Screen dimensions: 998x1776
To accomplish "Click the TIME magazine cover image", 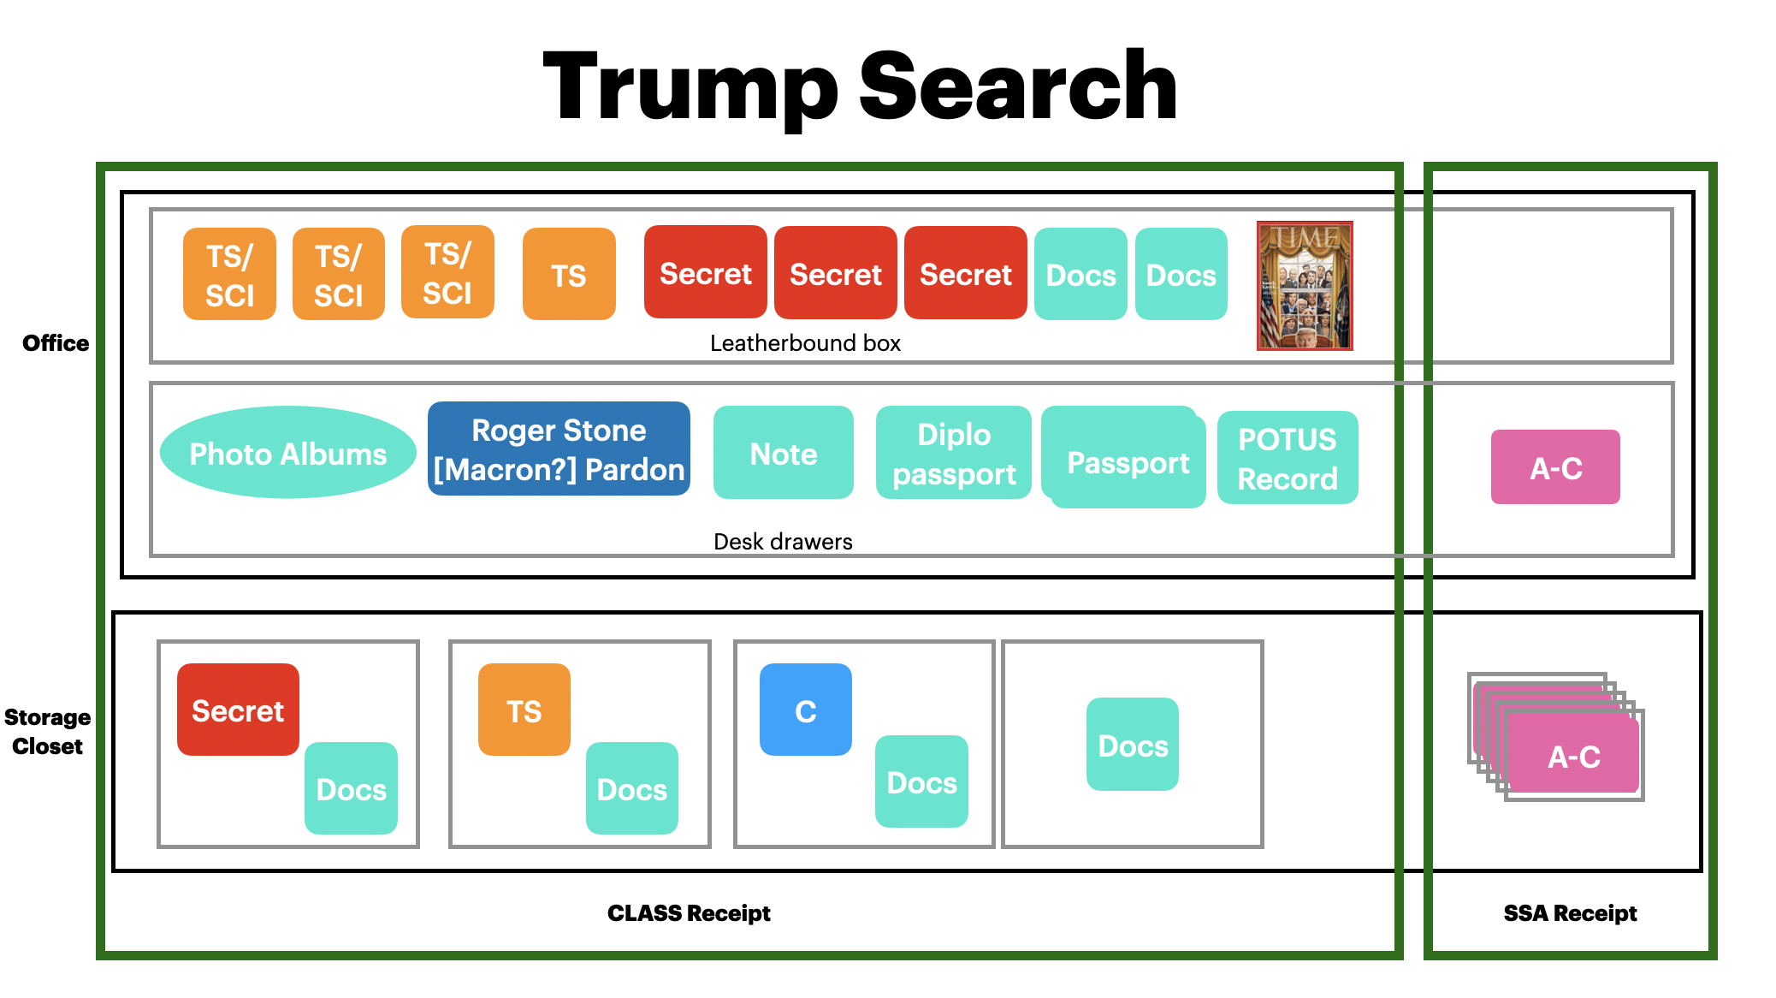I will point(1304,286).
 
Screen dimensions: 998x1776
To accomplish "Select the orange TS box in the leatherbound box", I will point(569,275).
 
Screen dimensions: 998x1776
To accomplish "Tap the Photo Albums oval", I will point(288,453).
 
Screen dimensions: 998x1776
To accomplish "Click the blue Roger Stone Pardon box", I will point(559,449).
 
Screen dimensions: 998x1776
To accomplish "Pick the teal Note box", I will point(783,453).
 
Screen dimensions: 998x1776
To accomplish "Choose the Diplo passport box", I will point(953,454).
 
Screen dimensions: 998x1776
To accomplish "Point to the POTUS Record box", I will point(1287,458).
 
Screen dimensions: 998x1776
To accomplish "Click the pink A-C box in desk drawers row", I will point(1555,467).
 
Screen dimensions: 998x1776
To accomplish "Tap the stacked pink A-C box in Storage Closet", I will point(1573,755).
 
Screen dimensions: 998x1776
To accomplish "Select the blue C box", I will point(805,710).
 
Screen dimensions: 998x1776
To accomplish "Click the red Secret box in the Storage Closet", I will point(238,710).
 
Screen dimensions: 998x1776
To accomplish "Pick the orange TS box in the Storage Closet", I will point(524,710).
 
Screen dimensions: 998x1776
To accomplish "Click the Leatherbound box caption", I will point(805,343).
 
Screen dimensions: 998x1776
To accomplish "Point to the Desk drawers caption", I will point(783,541).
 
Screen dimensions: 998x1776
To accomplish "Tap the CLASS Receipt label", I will point(689,913).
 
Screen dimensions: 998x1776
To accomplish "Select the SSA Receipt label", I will point(1570,913).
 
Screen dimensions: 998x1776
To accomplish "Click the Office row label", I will point(56,343).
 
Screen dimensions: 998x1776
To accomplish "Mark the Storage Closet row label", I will point(47,731).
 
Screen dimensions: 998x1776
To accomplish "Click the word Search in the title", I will point(1017,86).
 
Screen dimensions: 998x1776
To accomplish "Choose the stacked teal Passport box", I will point(1128,462).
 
